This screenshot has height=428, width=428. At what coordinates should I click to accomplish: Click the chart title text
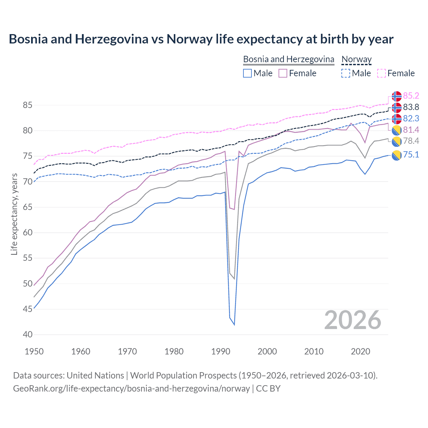(201, 39)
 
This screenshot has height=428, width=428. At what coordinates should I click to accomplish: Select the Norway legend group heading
(356, 60)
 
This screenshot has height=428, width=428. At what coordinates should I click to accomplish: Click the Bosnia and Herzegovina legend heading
(288, 60)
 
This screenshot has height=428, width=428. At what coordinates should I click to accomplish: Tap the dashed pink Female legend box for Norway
(382, 73)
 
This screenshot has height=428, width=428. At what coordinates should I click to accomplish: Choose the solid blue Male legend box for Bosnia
(247, 73)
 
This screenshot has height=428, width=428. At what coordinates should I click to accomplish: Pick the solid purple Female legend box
(283, 73)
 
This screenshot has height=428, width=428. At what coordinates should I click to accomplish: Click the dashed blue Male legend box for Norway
(346, 73)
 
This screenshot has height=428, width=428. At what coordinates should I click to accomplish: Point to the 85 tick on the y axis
(27, 105)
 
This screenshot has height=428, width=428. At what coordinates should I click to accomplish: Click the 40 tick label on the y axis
(27, 334)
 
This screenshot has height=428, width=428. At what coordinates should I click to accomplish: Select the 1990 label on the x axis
(221, 351)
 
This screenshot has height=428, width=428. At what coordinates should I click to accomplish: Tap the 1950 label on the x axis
(34, 351)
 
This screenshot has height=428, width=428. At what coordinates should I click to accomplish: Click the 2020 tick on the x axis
(360, 351)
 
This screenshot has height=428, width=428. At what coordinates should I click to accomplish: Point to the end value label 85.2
(411, 96)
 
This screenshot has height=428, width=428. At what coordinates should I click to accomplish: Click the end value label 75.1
(411, 154)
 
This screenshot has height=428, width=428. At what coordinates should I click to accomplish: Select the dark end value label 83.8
(411, 107)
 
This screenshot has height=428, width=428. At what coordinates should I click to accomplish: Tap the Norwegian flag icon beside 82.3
(397, 119)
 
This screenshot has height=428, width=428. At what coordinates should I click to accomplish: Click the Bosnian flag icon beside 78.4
(397, 141)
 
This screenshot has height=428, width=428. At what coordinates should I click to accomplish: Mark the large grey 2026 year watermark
(353, 320)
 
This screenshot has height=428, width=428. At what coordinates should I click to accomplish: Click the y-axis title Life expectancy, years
(14, 214)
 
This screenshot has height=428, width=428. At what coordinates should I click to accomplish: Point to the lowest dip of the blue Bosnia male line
(234, 325)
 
